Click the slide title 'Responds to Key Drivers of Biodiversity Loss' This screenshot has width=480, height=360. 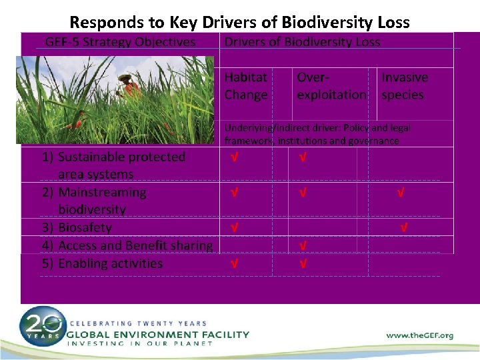239,23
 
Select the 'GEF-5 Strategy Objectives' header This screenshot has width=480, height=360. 121,42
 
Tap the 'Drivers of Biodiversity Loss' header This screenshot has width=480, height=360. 302,42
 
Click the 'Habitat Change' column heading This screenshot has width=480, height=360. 246,86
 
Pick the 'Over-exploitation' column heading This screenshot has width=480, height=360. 331,86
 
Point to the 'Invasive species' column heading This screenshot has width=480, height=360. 405,86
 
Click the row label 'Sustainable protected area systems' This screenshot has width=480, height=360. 121,165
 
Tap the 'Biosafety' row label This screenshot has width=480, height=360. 85,227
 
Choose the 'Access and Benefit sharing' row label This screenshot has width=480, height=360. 135,245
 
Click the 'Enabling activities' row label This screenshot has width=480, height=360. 110,263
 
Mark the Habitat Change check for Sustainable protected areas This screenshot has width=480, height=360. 235,158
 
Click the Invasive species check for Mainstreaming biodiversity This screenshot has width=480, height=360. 401,193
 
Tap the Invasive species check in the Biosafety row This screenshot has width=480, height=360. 404,228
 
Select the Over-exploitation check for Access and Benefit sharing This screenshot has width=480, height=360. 303,246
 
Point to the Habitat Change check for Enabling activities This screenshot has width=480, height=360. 235,264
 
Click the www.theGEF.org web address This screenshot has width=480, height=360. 419,335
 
